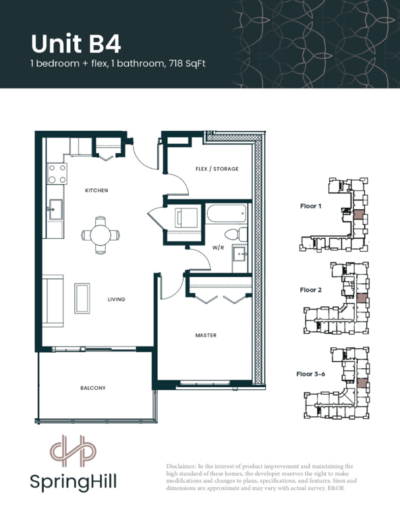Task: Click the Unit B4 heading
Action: pos(76,44)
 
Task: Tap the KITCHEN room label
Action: pos(96,190)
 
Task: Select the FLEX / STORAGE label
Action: pos(217,169)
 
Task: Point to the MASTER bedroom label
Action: pos(206,335)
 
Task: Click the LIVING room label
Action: pos(116,299)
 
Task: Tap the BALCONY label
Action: pos(93,388)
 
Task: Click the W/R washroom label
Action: pos(218,248)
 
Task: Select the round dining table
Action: pos(101,235)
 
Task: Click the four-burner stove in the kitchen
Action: pos(57,174)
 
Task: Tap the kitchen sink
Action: pos(55,209)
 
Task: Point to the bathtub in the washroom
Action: pos(227,213)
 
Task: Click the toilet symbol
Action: pos(235,234)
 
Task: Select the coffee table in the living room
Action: pos(82,298)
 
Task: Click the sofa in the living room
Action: pos(53,301)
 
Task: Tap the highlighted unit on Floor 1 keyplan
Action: pos(358,214)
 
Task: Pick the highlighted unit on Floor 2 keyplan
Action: pos(362,298)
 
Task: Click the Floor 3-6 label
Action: pos(310,374)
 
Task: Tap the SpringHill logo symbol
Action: pos(73,451)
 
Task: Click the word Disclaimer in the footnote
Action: pos(180,467)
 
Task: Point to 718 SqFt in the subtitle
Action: pos(188,63)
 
